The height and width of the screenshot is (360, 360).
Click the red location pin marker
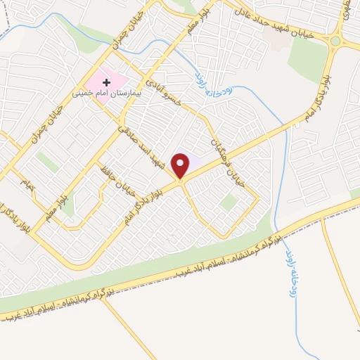click(181, 165)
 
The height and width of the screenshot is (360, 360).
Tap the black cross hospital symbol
click(107, 82)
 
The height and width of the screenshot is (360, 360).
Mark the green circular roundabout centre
click(335, 41)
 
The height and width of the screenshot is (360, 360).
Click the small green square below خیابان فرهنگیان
click(227, 202)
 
